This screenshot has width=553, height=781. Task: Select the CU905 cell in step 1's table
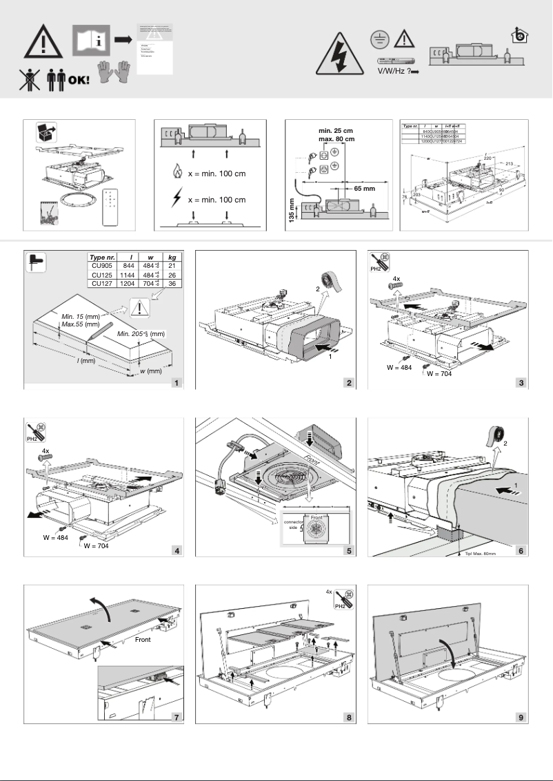(x=100, y=266)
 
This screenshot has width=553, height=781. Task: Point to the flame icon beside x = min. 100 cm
(x=178, y=174)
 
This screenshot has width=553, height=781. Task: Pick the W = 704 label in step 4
(x=97, y=549)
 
